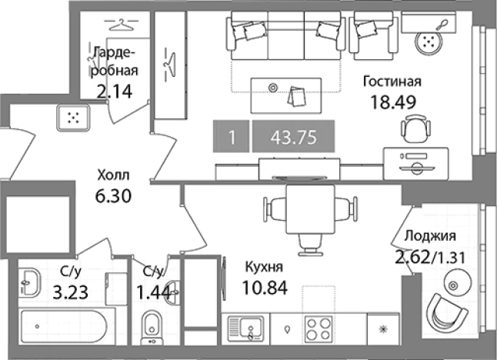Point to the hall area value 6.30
(112, 195)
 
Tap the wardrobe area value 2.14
(114, 92)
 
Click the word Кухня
(264, 268)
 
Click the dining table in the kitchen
(311, 206)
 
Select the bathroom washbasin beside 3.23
(29, 282)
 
